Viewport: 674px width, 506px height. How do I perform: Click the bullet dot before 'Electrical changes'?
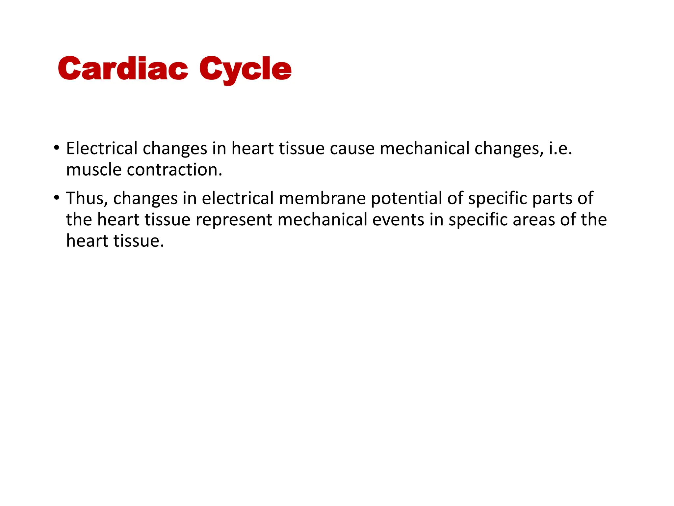[x=57, y=147]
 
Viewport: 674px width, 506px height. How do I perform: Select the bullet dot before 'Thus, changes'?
[x=57, y=198]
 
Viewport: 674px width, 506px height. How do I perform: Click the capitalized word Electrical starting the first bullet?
[x=102, y=148]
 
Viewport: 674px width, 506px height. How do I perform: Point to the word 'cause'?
[x=352, y=149]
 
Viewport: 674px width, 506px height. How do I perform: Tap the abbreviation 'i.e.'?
[x=560, y=148]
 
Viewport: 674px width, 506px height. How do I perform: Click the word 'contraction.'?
[x=175, y=170]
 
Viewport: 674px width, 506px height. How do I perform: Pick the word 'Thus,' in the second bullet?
[x=87, y=198]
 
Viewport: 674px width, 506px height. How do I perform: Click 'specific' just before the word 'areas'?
[x=478, y=220]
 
